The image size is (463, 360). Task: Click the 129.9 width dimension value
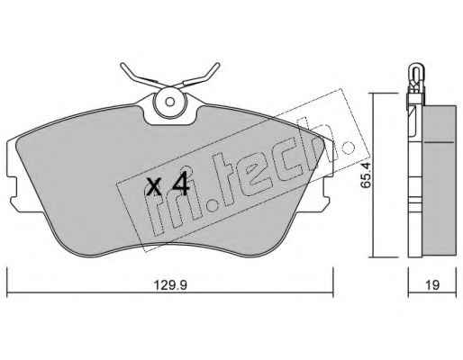tap(170, 284)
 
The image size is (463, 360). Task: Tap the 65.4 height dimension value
tap(366, 175)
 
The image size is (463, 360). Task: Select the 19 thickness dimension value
tap(432, 284)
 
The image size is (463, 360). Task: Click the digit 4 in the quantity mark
tap(180, 184)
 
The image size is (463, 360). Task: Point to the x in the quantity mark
tap(154, 186)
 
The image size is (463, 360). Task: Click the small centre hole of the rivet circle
tap(170, 102)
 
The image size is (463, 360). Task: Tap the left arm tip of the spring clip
tap(122, 65)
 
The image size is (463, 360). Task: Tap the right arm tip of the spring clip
tap(217, 65)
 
